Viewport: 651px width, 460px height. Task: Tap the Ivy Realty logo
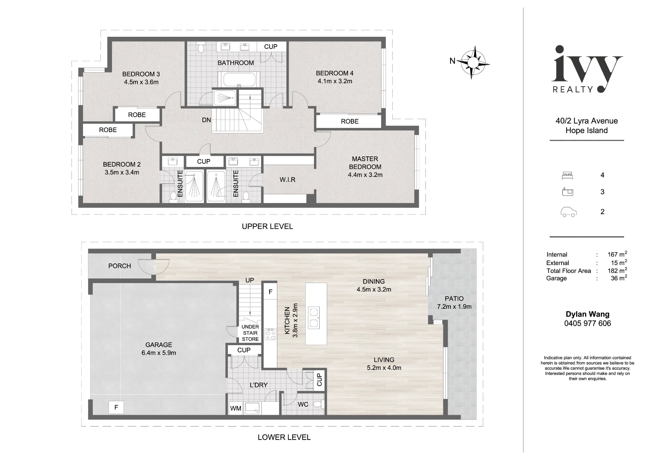pos(587,69)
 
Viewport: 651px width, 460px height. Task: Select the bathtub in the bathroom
pos(239,79)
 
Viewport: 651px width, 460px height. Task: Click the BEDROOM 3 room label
pos(141,74)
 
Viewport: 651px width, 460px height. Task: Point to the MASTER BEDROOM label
pos(365,163)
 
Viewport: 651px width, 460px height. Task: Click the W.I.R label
pos(287,180)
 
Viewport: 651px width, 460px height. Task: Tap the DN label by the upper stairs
pos(206,120)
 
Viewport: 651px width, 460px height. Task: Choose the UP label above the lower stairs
pos(250,280)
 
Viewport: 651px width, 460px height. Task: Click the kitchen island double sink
pos(314,318)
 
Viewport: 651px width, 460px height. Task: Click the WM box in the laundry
pos(236,408)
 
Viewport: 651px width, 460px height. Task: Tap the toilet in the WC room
pos(318,404)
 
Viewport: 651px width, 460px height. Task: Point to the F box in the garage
pos(116,407)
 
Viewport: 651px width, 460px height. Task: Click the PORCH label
pos(119,266)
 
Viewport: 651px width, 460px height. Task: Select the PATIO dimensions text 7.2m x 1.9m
pos(454,306)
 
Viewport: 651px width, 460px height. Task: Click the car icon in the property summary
pos(568,212)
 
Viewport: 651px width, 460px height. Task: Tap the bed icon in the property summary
pos(567,176)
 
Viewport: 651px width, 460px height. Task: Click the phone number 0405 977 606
pos(588,323)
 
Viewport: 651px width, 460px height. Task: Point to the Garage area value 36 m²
pos(619,278)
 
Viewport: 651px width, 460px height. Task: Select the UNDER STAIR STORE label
pos(250,333)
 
